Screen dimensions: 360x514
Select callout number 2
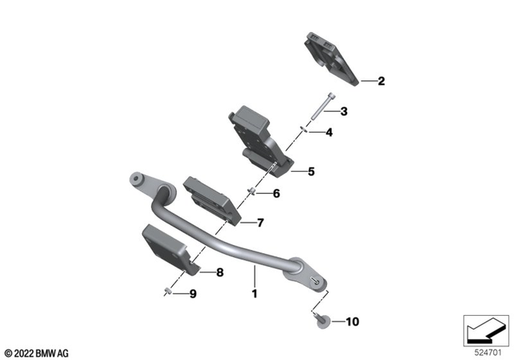tap(381, 81)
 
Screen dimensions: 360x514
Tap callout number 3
tap(343, 111)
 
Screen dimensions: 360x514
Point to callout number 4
tap(328, 132)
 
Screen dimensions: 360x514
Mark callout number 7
tap(259, 223)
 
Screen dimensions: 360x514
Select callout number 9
tap(193, 293)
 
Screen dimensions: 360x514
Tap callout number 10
tap(352, 322)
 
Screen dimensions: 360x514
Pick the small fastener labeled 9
tap(166, 292)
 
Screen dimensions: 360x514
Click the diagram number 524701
tap(488, 351)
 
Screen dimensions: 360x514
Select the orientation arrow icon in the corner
tap(485, 329)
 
